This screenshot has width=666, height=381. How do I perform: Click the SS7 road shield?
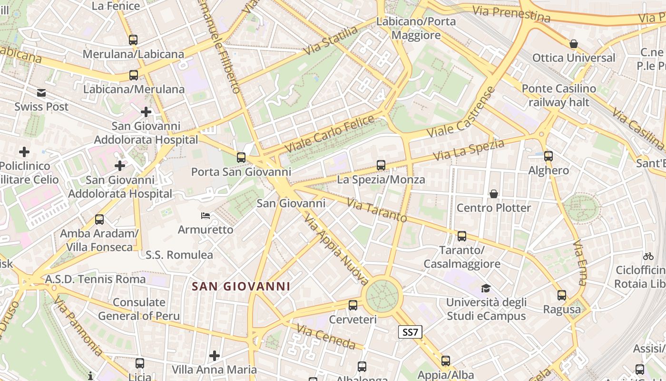(410, 332)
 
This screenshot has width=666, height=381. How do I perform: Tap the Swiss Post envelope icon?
(41, 93)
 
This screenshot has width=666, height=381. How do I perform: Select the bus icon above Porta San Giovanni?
(241, 158)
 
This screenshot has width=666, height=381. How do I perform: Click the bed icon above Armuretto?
(206, 216)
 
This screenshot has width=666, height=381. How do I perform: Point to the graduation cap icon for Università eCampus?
(486, 288)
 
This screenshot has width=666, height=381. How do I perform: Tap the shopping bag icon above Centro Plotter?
(494, 194)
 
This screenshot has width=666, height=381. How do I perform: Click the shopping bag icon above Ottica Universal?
(574, 44)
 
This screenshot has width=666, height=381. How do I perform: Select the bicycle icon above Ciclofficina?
(648, 256)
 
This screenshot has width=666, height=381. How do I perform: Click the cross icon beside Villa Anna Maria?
(215, 355)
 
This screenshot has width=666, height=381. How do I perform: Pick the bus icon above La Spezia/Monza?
(381, 165)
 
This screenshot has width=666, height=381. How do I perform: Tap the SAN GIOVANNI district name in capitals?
(241, 286)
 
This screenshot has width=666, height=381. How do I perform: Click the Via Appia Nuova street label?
(336, 249)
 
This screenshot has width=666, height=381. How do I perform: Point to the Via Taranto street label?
(377, 210)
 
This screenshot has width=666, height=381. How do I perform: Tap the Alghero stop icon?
(548, 156)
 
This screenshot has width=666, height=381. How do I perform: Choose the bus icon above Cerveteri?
(353, 305)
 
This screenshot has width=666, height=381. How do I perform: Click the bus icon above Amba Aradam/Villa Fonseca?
(99, 220)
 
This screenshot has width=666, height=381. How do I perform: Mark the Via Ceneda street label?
(326, 336)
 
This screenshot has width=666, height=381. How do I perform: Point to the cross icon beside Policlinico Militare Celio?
(24, 152)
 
